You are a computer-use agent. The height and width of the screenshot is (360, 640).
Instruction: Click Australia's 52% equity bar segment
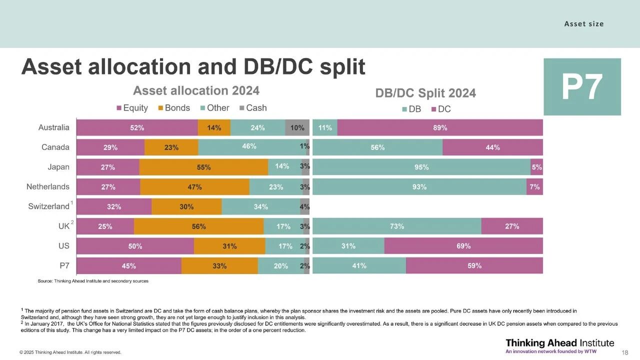point(137,127)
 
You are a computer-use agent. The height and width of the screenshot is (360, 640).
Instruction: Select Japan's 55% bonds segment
point(203,167)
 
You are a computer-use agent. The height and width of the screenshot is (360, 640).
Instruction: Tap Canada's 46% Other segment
point(249,147)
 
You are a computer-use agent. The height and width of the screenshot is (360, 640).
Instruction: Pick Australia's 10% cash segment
point(297,127)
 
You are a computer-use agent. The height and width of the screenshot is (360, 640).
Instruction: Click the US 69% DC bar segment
point(463,246)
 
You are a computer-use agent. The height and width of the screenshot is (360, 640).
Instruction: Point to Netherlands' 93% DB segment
point(419,187)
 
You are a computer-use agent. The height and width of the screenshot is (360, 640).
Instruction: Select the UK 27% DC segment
point(512,226)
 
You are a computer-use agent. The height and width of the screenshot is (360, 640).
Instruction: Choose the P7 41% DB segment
point(359,266)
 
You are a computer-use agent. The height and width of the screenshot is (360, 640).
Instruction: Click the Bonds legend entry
point(173,108)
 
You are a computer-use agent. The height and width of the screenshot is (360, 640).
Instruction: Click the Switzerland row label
point(48,206)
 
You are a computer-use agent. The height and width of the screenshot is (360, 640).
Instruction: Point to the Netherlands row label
point(48,187)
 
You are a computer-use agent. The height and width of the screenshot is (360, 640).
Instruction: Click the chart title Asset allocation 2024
point(196,90)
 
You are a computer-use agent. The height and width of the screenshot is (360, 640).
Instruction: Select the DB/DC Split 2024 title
point(425,93)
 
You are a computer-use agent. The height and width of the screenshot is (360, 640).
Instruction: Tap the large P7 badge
point(582,87)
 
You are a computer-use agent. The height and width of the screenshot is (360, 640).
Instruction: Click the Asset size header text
point(584,24)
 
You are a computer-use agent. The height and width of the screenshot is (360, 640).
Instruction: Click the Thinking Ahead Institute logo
point(559,345)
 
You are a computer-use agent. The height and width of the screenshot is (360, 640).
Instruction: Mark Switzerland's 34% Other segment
point(260,206)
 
